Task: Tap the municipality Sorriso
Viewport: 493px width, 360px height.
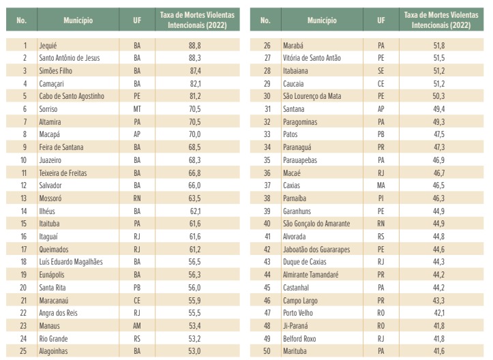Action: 50,108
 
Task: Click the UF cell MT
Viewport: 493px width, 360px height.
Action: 137,108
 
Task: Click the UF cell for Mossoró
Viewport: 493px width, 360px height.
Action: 137,198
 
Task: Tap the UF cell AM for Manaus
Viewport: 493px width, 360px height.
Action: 137,326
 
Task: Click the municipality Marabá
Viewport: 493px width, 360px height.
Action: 295,45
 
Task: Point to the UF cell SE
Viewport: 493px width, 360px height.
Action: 380,71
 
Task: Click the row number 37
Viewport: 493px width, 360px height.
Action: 267,185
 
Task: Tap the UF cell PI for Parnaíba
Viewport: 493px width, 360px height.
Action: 380,198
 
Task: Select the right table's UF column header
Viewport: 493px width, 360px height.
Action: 380,20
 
